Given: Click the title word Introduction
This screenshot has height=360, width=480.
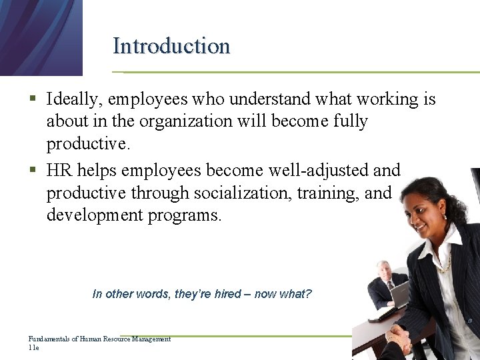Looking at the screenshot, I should (171, 46).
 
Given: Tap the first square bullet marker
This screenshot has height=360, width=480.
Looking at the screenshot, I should (33, 101).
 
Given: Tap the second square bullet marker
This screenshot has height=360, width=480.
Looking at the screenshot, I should (33, 171).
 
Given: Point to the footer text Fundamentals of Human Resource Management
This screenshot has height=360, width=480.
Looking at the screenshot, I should (100, 339).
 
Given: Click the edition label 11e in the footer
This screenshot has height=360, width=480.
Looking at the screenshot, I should (33, 348).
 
